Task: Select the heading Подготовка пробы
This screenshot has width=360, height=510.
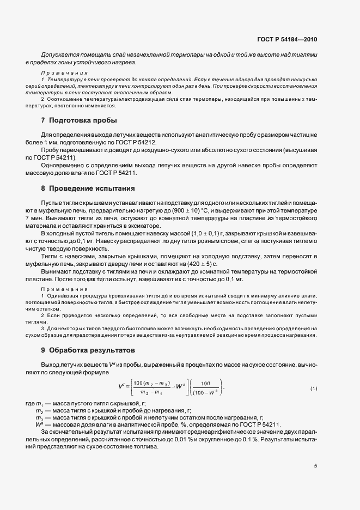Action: click(83, 120)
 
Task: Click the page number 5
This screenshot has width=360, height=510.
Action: click(316, 465)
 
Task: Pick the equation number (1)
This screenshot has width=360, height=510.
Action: click(314, 388)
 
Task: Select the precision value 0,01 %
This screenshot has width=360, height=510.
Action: click(227, 439)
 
